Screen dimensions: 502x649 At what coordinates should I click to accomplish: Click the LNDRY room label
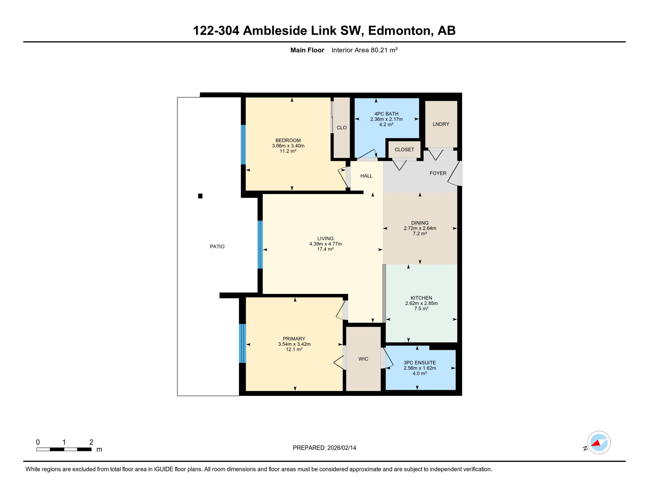coord(441,124)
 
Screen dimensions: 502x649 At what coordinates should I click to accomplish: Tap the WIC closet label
coord(363,359)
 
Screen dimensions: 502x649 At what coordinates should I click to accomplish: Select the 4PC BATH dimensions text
coord(386,119)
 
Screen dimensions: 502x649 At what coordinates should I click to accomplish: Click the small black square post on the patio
coord(200,196)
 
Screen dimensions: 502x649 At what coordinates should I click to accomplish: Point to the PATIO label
coord(217,246)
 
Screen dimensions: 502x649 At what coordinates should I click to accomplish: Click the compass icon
coord(599,443)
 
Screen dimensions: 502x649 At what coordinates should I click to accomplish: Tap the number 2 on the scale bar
coord(91,442)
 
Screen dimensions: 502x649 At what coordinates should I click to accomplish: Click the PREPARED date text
coord(324,448)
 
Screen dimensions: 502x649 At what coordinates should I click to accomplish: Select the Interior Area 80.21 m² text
coord(364,50)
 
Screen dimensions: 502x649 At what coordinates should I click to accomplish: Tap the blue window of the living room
coord(260,244)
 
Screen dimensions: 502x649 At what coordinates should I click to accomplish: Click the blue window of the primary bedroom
coord(242,343)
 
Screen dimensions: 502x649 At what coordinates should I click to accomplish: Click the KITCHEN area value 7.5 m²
coord(421,309)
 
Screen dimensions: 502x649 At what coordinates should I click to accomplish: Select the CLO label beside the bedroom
coord(341,128)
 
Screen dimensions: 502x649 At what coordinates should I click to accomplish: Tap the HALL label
coord(366,176)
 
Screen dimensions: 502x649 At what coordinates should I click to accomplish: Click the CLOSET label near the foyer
coord(404,149)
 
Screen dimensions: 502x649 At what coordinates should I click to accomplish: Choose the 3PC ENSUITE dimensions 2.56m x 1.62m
coord(419,368)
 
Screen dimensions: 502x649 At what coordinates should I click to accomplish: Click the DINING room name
coord(419,223)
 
